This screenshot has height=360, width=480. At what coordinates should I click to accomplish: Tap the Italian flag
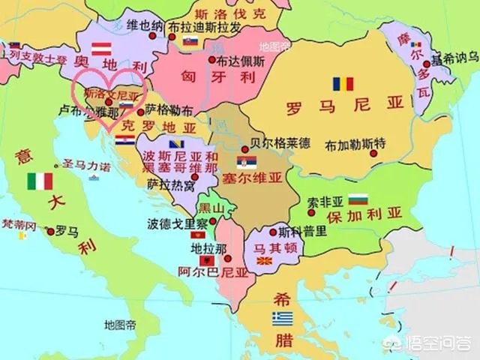tap(40, 181)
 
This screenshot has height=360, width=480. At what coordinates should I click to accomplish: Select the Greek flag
tap(283, 319)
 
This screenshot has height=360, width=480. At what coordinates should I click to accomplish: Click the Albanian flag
tap(203, 259)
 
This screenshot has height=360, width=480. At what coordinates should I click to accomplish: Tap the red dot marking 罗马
tap(50, 231)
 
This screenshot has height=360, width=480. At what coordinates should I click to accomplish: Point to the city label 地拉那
tap(196, 247)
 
